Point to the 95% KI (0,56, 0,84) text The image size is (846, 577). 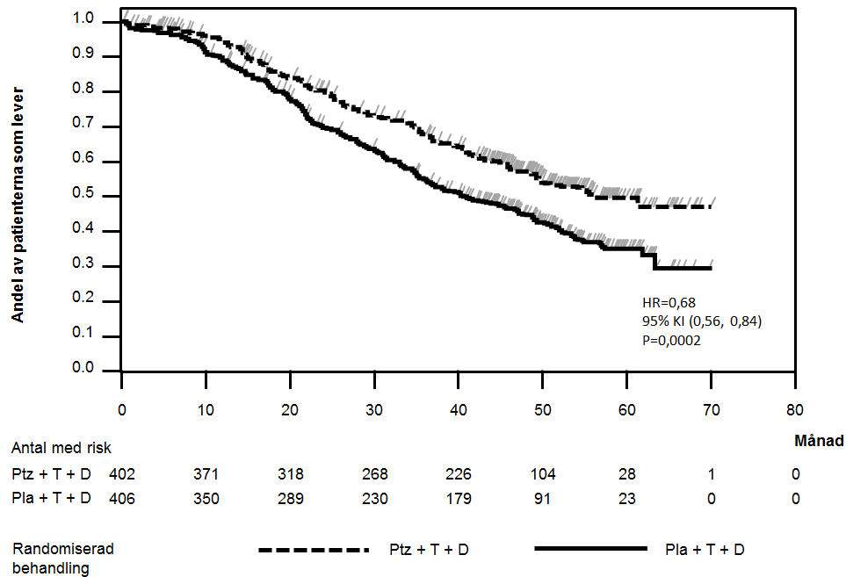(x=702, y=321)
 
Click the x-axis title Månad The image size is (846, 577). (x=819, y=440)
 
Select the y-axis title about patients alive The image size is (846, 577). (x=18, y=203)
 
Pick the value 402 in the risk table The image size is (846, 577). (x=122, y=474)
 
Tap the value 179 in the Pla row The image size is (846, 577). (x=458, y=499)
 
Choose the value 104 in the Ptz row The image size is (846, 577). (x=542, y=474)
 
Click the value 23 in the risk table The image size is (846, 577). (x=627, y=499)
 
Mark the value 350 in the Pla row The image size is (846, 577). (x=206, y=499)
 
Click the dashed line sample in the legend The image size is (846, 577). (x=312, y=550)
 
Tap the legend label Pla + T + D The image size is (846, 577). (x=705, y=550)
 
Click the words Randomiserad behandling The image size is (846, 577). (x=63, y=558)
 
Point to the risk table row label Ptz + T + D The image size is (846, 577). (x=53, y=474)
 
